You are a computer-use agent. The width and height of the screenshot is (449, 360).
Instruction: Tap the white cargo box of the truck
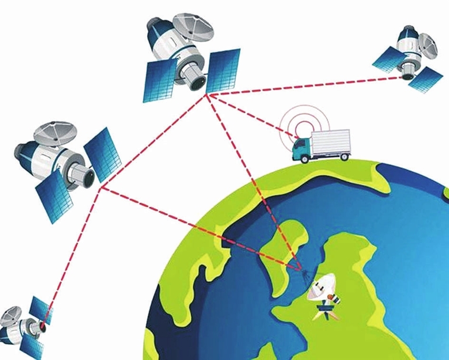[x=331, y=144]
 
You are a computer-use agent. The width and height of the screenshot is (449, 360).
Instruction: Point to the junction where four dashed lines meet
[x=207, y=94]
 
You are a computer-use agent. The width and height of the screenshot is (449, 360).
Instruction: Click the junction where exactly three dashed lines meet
[x=101, y=188]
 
